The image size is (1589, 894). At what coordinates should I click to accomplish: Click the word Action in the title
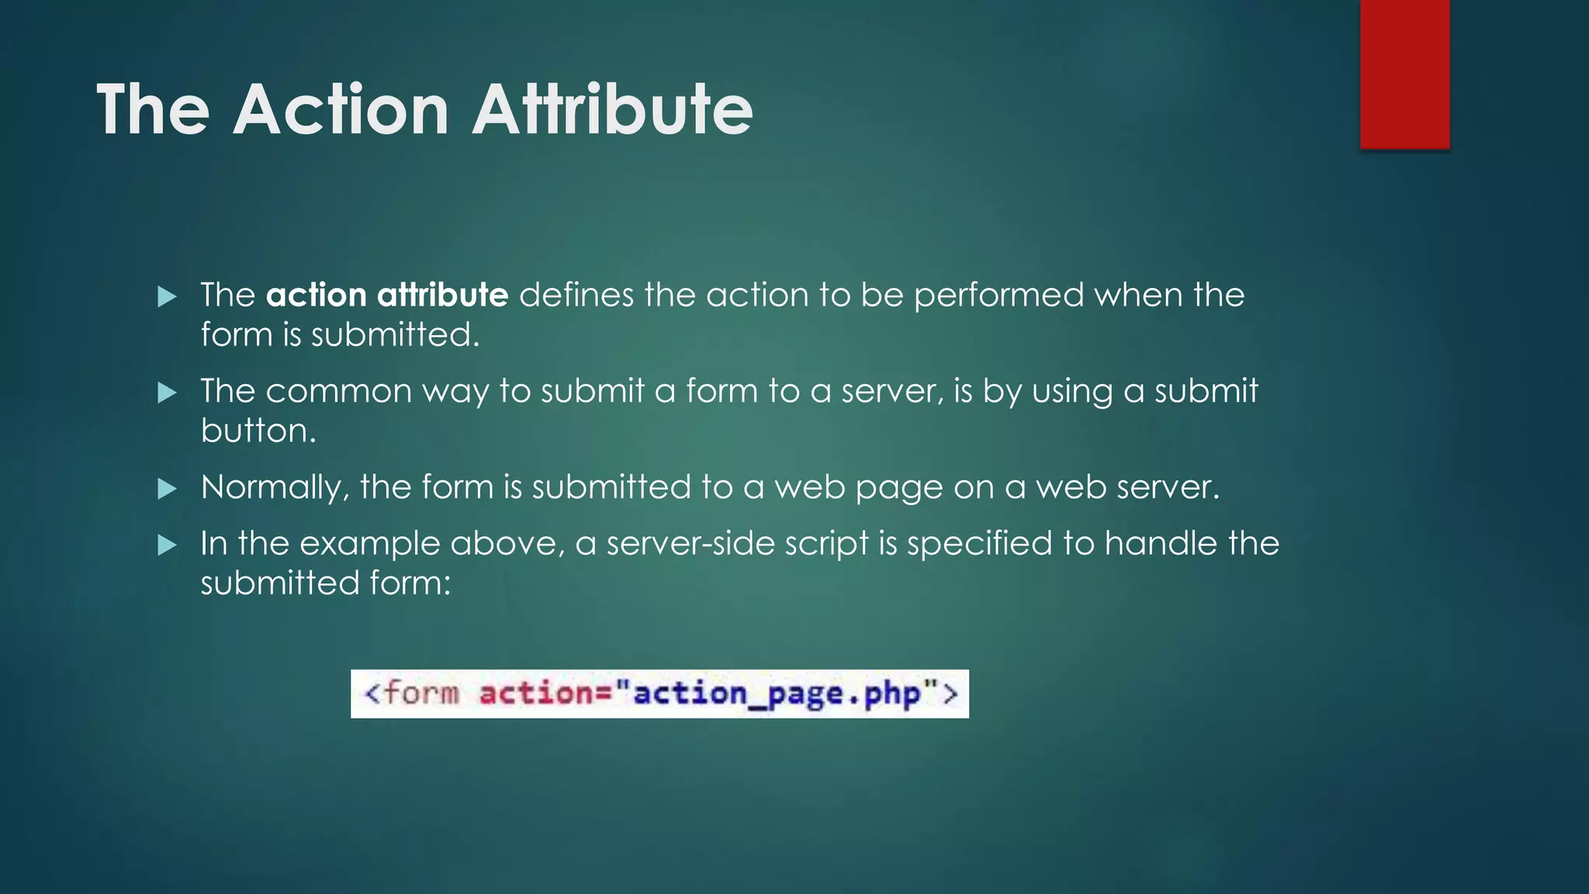[341, 109]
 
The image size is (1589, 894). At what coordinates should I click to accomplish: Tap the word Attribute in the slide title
[613, 109]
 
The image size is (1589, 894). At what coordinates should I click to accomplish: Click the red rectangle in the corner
[1404, 73]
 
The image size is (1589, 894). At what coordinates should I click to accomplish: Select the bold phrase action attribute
[387, 295]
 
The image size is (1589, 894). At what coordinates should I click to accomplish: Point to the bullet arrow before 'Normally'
[167, 489]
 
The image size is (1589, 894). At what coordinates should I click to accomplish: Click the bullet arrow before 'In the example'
[167, 546]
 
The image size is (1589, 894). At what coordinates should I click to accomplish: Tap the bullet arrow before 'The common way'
[167, 393]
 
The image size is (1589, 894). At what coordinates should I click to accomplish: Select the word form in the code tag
[421, 692]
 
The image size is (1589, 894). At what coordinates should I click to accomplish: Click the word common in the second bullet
[338, 391]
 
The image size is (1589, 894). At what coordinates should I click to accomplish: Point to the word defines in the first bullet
[576, 295]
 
